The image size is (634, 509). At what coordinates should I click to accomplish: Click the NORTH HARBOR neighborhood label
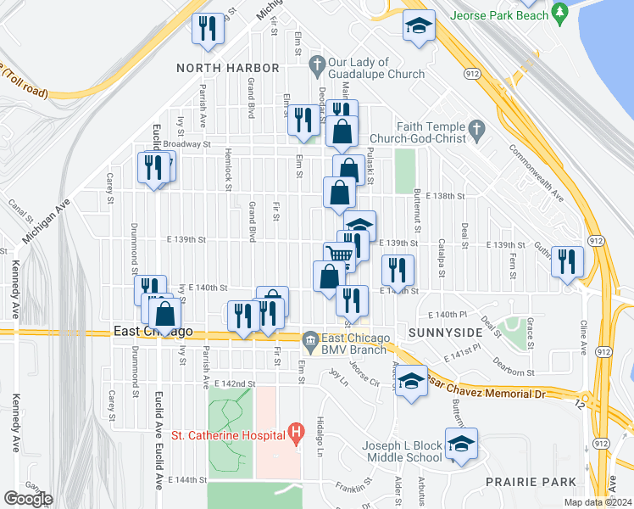point(227,67)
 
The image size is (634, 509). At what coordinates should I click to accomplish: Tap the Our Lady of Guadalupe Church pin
point(317,64)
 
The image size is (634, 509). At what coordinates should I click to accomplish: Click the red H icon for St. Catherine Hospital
point(296,435)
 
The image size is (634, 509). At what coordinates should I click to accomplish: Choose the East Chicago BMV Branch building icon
point(310,339)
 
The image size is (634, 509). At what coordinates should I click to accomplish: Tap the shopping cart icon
point(340,255)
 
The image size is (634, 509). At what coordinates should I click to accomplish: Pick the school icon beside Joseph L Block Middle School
point(461,445)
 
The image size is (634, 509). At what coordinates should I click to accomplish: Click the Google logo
point(28,499)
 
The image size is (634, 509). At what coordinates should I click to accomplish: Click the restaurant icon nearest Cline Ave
point(567,260)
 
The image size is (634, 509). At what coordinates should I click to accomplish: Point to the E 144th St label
point(187,480)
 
